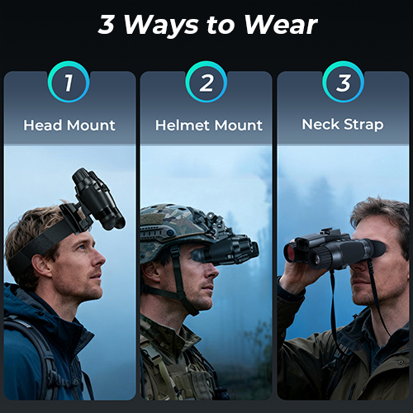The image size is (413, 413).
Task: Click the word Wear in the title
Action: pyautogui.click(x=281, y=25)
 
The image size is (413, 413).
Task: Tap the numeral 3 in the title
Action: pyautogui.click(x=107, y=24)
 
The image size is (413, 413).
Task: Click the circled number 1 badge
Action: pyautogui.click(x=69, y=82)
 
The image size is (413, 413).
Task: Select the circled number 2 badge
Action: pyautogui.click(x=206, y=82)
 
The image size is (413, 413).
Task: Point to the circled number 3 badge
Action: pyautogui.click(x=343, y=82)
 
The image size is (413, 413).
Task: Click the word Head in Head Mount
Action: pyautogui.click(x=43, y=126)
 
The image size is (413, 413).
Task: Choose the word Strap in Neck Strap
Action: pyautogui.click(x=363, y=125)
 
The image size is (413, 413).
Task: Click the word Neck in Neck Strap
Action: pyautogui.click(x=320, y=124)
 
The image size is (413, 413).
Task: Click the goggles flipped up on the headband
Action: pyautogui.click(x=97, y=200)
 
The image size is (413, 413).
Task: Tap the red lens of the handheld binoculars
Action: pyautogui.click(x=291, y=251)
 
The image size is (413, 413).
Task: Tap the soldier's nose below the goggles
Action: pyautogui.click(x=212, y=271)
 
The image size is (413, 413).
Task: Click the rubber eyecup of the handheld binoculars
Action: pyautogui.click(x=377, y=249)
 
